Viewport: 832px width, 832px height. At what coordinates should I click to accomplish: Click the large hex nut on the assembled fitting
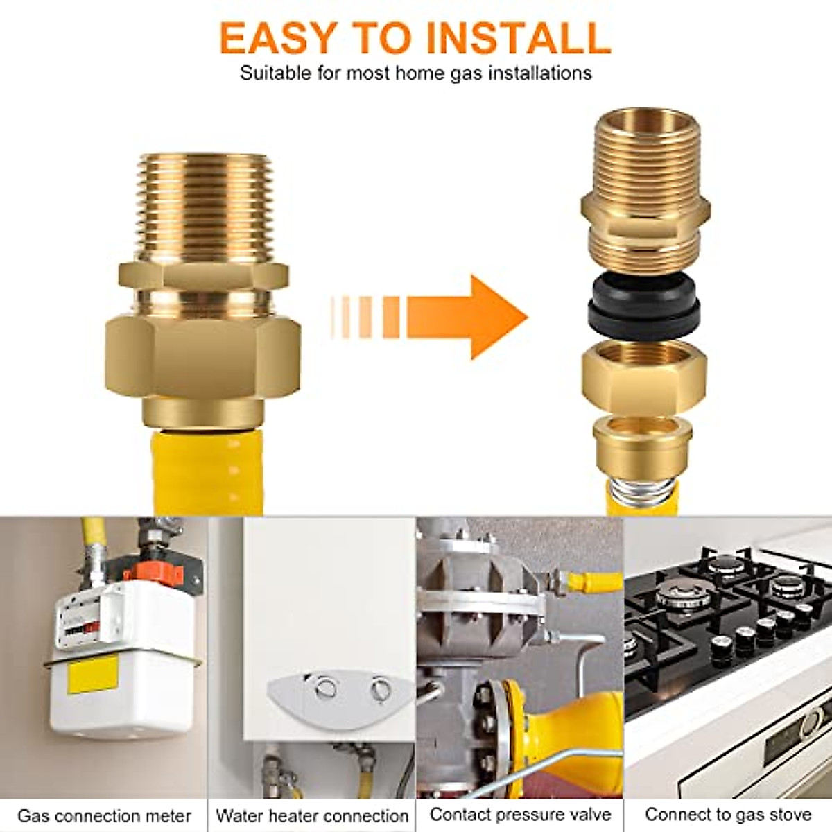click(204, 361)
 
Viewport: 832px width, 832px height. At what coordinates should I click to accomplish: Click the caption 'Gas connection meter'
click(104, 816)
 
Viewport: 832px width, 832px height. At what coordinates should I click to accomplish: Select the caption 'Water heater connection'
click(312, 816)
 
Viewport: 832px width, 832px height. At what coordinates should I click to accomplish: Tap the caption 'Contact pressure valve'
click(520, 815)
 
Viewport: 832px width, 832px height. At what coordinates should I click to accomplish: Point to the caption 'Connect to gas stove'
click(728, 815)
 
